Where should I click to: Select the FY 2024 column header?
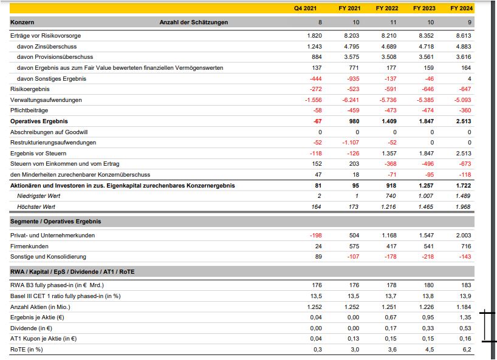461,8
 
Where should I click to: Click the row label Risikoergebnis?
26,89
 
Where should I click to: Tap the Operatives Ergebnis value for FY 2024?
464,121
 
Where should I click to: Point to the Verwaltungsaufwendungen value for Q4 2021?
314,100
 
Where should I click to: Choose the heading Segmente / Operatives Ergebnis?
56,222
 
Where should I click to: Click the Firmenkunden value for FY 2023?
428,246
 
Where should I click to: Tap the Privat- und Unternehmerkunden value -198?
315,236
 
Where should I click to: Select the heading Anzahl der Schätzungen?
194,22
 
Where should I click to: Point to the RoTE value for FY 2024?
467,350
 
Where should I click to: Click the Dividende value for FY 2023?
428,328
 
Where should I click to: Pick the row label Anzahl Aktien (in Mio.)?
39,307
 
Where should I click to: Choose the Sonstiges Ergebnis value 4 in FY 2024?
469,79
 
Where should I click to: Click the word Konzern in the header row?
22,22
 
